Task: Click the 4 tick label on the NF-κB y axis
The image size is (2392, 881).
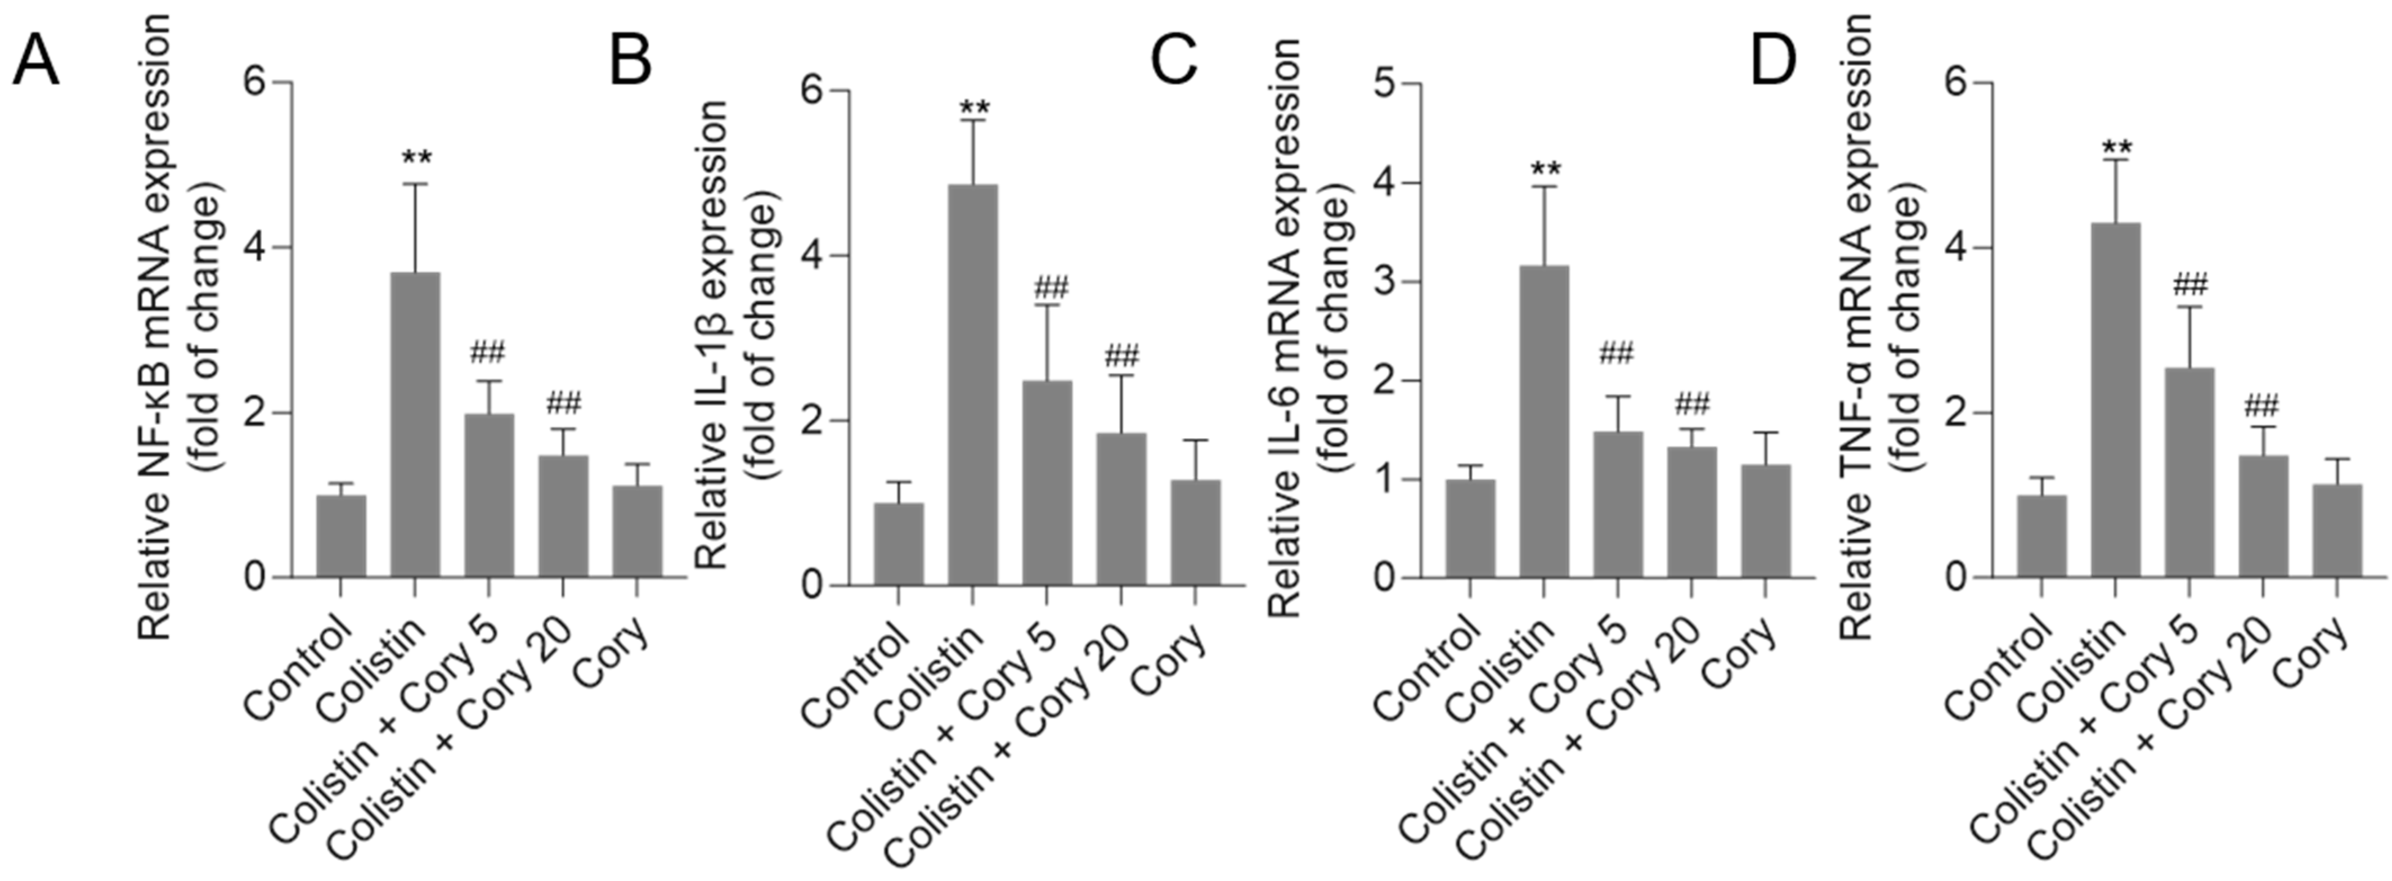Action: (x=254, y=248)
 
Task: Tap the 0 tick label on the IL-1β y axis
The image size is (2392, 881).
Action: (x=814, y=586)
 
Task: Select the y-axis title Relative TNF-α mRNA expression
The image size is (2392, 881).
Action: (x=1855, y=330)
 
